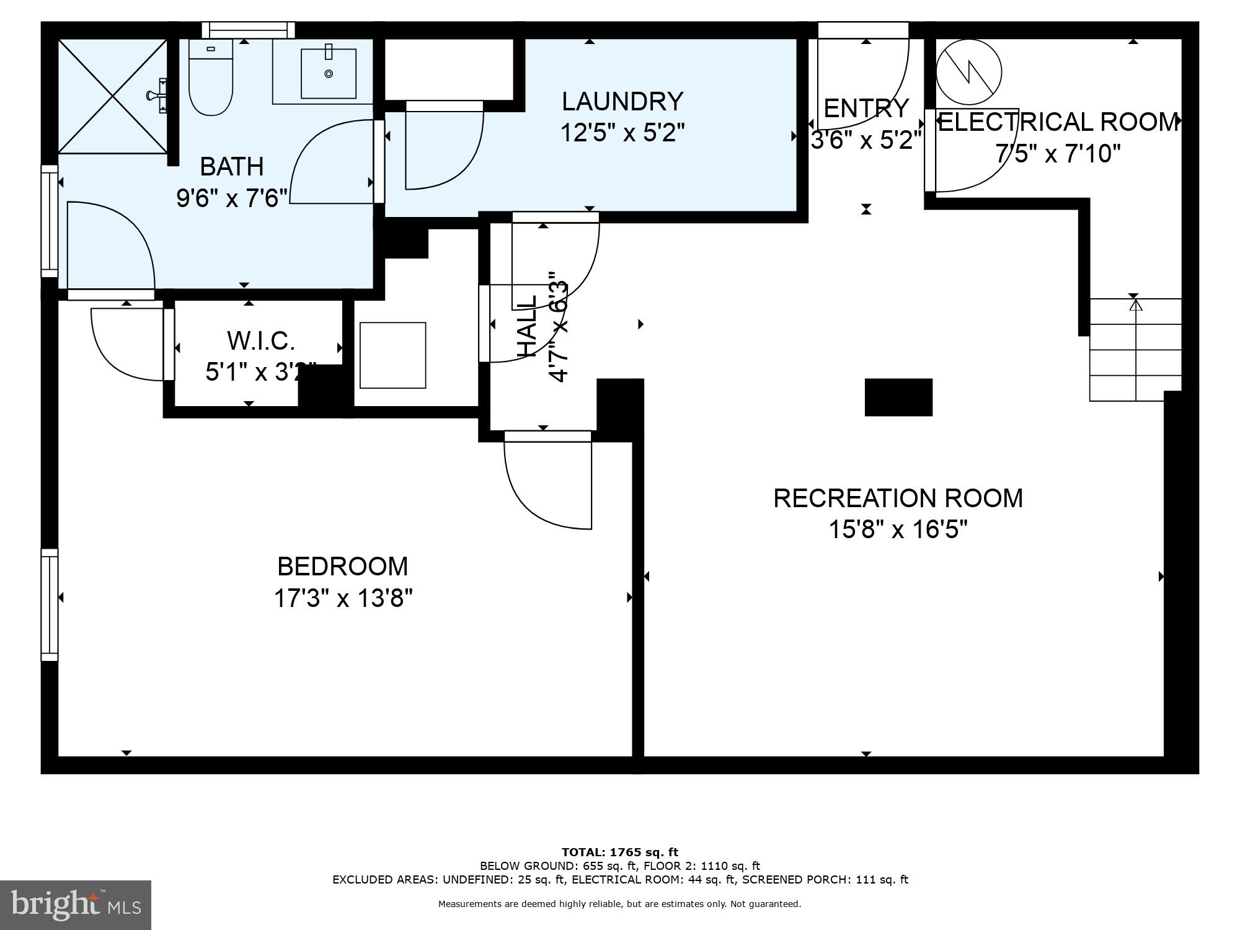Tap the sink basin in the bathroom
click(x=329, y=74)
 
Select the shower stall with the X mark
click(x=113, y=96)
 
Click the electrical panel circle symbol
click(x=968, y=72)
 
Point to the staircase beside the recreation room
click(x=1135, y=350)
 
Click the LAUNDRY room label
click(x=622, y=101)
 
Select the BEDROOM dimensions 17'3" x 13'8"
click(x=343, y=598)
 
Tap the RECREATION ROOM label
click(x=898, y=498)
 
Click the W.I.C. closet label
click(x=260, y=340)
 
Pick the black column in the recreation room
click(x=898, y=397)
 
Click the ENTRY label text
click(x=866, y=108)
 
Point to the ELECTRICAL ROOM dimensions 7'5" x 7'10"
click(x=1058, y=153)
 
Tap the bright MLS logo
click(x=76, y=905)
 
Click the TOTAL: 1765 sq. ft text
click(x=620, y=852)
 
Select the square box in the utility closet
click(x=392, y=355)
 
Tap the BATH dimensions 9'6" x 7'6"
click(x=232, y=198)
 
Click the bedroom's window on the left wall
click(x=50, y=604)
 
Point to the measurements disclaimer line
click(x=620, y=904)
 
